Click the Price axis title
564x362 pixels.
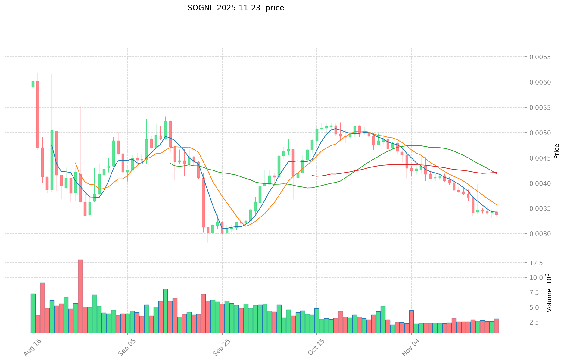coord(556,151)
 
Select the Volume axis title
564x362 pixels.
coord(550,293)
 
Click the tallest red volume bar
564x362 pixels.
coord(80,296)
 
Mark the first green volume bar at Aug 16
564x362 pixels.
coord(33,313)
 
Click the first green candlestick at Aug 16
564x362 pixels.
coord(33,84)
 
